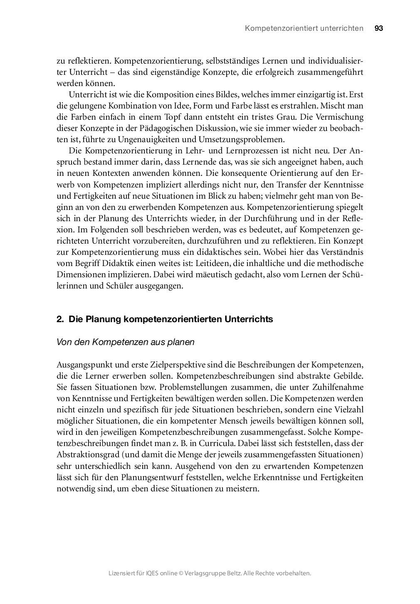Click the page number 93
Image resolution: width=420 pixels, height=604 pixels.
point(378,28)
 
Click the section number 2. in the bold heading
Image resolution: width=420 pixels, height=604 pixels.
point(60,319)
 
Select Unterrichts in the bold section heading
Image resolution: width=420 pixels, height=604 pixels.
point(249,319)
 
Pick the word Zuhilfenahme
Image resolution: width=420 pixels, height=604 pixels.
point(339,387)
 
